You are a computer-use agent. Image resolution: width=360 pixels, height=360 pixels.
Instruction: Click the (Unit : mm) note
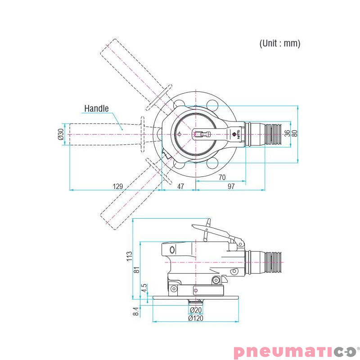click(x=279, y=44)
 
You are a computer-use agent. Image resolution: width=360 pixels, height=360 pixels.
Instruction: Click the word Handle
click(x=96, y=108)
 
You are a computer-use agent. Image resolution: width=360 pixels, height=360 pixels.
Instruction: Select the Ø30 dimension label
click(x=61, y=134)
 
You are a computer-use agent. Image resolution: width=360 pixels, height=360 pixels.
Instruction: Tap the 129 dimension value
click(x=117, y=186)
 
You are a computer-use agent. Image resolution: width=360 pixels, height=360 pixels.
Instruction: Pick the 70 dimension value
click(x=222, y=177)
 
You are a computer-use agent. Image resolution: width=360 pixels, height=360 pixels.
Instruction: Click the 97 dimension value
click(x=231, y=186)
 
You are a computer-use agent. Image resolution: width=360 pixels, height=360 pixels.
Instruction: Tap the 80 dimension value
click(x=295, y=134)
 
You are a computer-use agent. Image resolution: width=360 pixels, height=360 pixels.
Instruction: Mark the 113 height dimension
click(x=129, y=256)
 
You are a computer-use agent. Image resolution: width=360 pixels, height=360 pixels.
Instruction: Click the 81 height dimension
click(x=137, y=270)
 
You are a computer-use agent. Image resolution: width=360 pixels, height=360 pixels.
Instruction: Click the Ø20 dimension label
click(x=195, y=310)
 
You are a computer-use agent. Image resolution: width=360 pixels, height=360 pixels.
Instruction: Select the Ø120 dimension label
click(x=195, y=318)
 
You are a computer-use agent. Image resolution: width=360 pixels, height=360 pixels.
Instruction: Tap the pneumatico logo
click(x=295, y=351)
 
